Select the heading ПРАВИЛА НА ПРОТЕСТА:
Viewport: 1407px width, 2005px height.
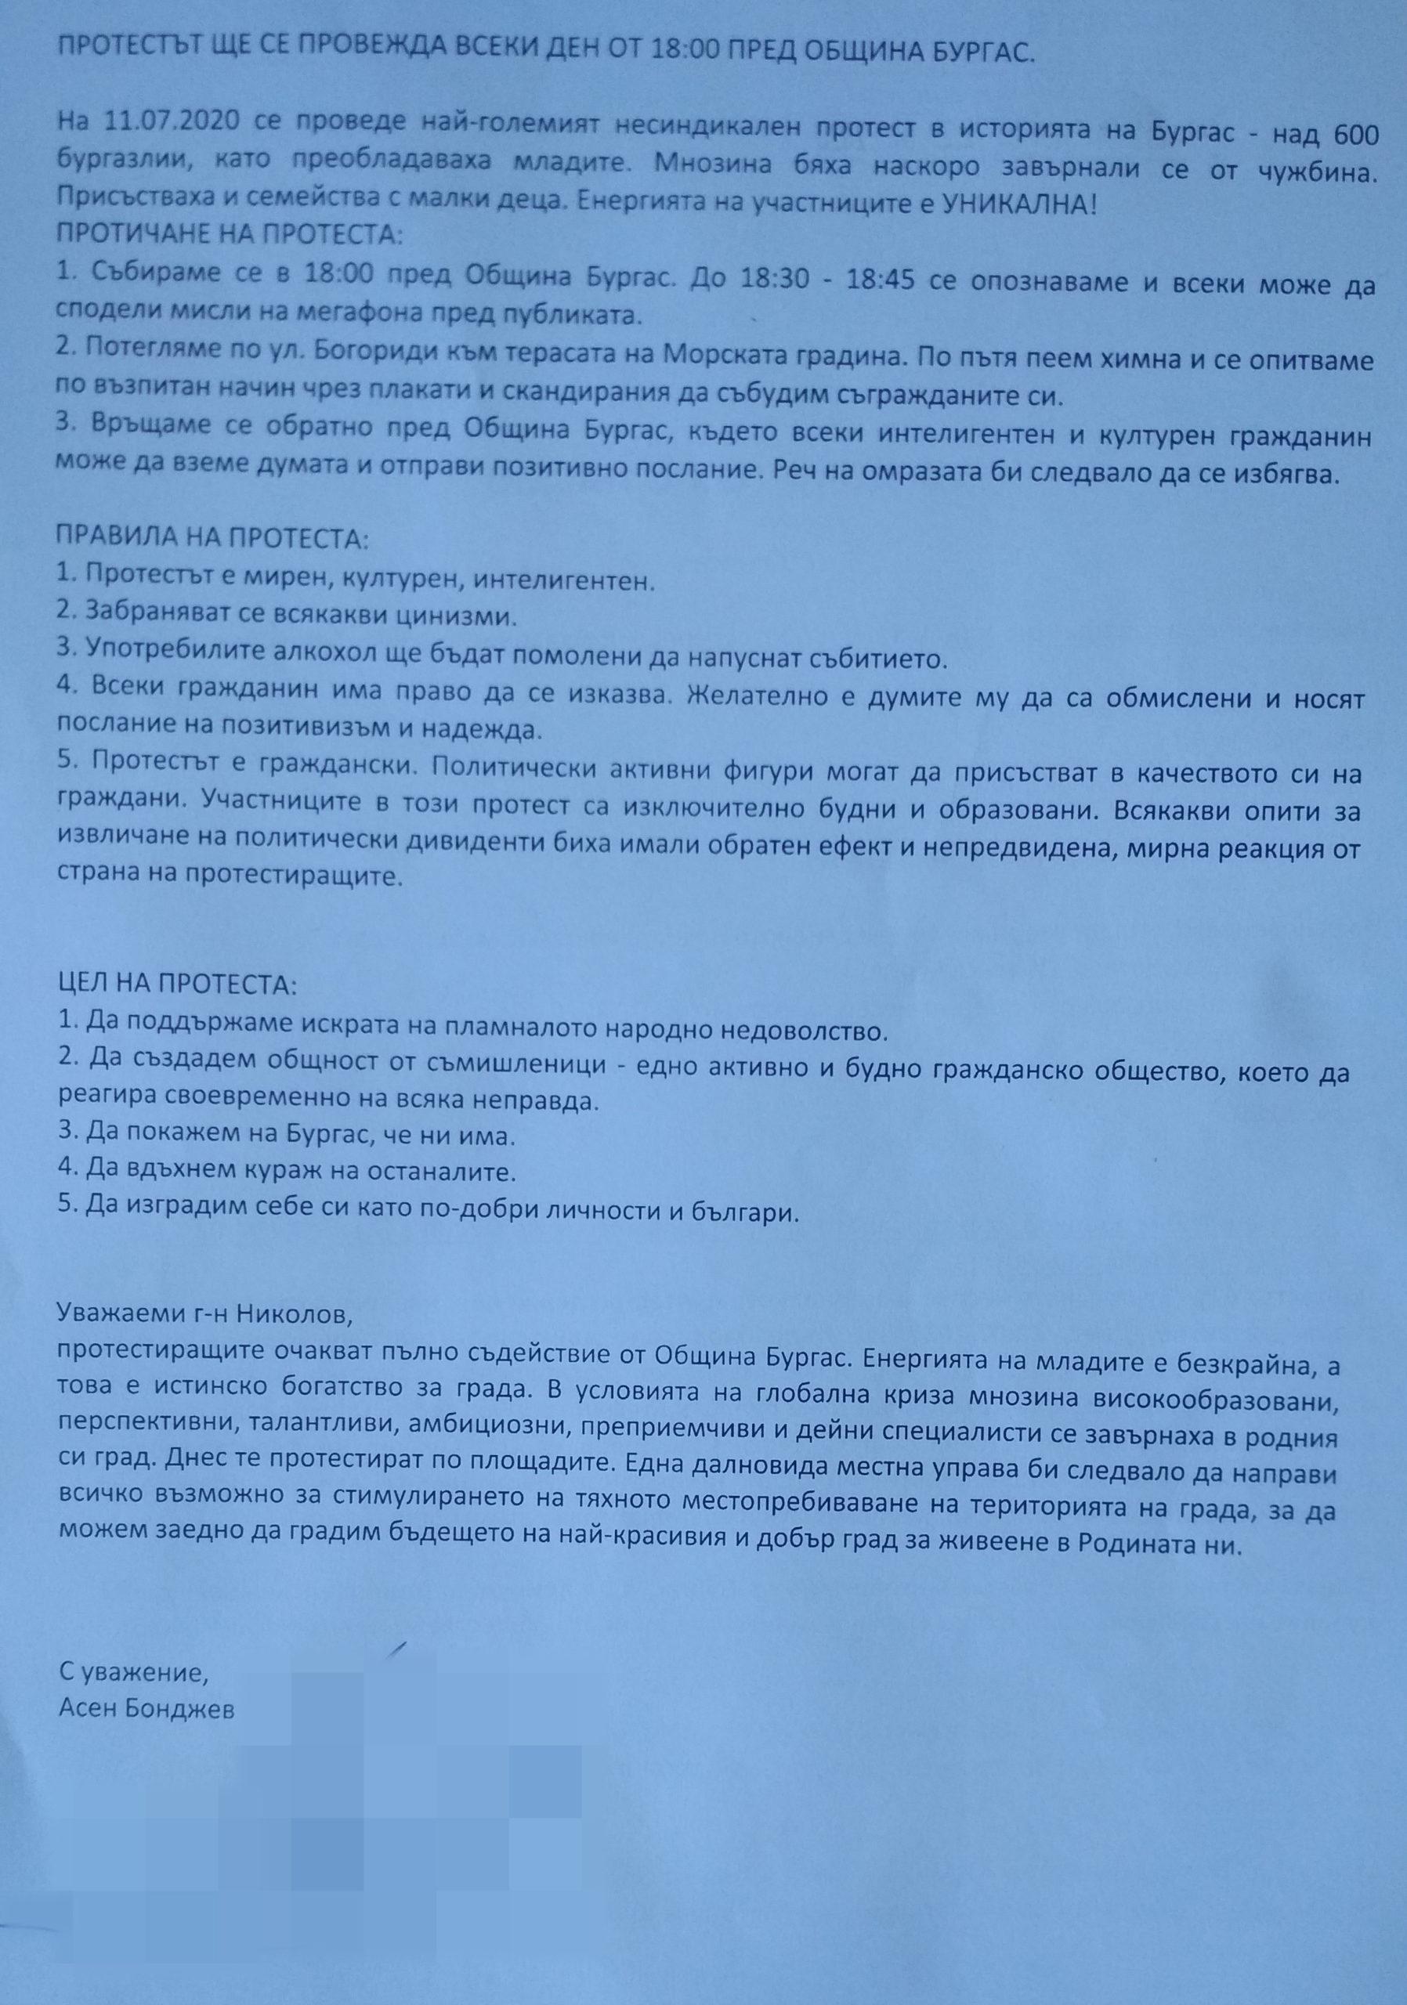[x=213, y=539]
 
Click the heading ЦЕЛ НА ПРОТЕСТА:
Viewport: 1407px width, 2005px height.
[x=177, y=987]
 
